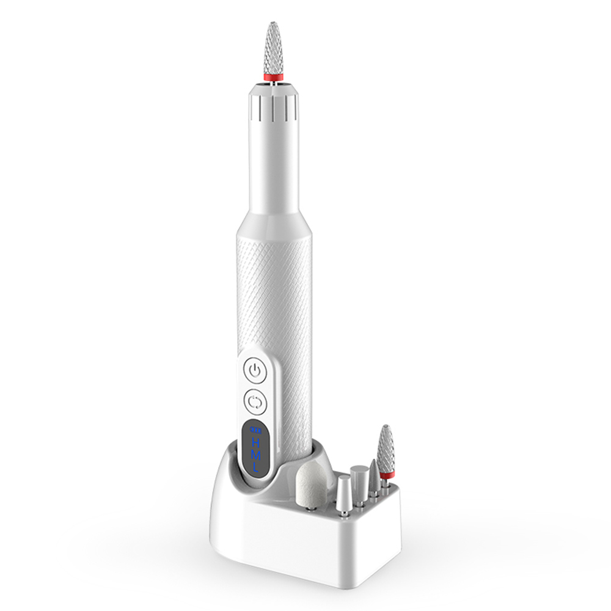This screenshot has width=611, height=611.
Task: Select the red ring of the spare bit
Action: click(x=386, y=474)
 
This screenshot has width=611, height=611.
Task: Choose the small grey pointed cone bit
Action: click(x=372, y=474)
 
